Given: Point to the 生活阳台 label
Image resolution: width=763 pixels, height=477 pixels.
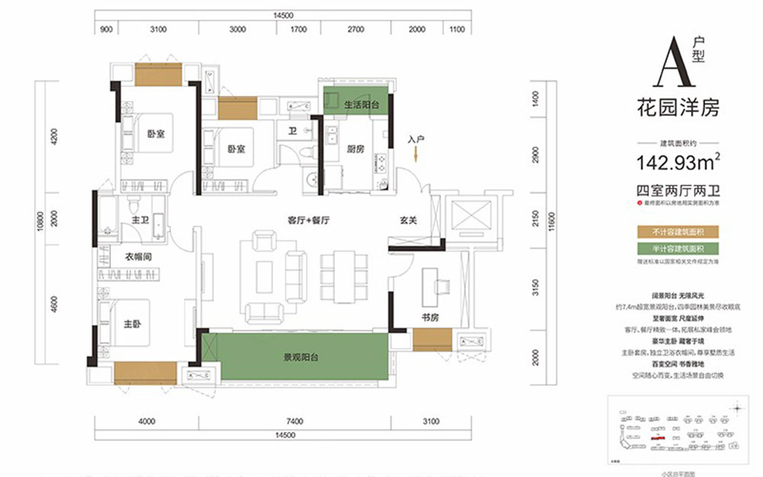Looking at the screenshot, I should tap(361, 106).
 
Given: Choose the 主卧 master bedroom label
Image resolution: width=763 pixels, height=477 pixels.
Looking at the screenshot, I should tap(133, 323).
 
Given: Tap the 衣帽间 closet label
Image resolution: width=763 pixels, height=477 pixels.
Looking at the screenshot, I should tap(138, 257).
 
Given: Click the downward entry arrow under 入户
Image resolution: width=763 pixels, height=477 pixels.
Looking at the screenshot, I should tap(415, 155).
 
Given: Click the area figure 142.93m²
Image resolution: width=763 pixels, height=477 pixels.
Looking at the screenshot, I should tap(678, 162).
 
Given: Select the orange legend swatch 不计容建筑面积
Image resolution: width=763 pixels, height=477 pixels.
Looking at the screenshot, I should tap(678, 231).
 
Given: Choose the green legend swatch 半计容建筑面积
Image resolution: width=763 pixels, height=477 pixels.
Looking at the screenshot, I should tap(678, 249).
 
